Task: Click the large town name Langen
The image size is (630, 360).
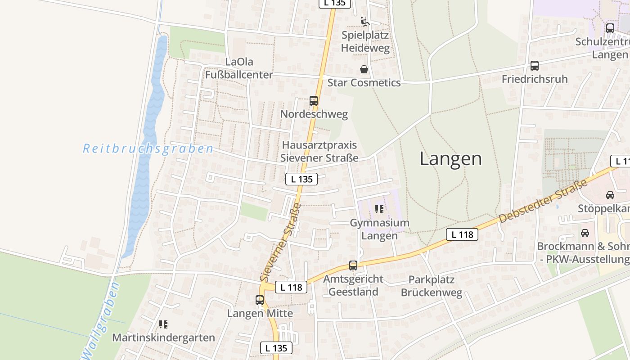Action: (450, 159)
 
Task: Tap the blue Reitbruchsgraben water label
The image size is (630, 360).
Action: (148, 148)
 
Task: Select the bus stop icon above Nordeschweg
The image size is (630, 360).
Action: (314, 101)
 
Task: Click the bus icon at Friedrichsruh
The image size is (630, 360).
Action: (535, 66)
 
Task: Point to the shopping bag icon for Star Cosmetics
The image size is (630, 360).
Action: (364, 69)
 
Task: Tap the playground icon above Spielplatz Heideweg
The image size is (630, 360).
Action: (365, 22)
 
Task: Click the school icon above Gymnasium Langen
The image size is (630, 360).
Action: (379, 209)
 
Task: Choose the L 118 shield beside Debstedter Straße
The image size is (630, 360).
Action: (462, 234)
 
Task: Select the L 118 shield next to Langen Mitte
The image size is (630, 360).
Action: (291, 287)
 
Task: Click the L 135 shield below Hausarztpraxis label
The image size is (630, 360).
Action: (301, 179)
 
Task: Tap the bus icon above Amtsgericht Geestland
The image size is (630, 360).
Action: (353, 265)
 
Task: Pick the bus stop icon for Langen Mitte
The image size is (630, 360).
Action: (260, 300)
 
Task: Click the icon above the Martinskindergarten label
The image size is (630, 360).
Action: (163, 324)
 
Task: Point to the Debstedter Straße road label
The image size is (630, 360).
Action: (543, 201)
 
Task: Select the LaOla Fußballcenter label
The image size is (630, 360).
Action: (239, 68)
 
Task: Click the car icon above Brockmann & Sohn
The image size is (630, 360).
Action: (585, 233)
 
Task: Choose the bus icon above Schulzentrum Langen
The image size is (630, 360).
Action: (610, 28)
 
